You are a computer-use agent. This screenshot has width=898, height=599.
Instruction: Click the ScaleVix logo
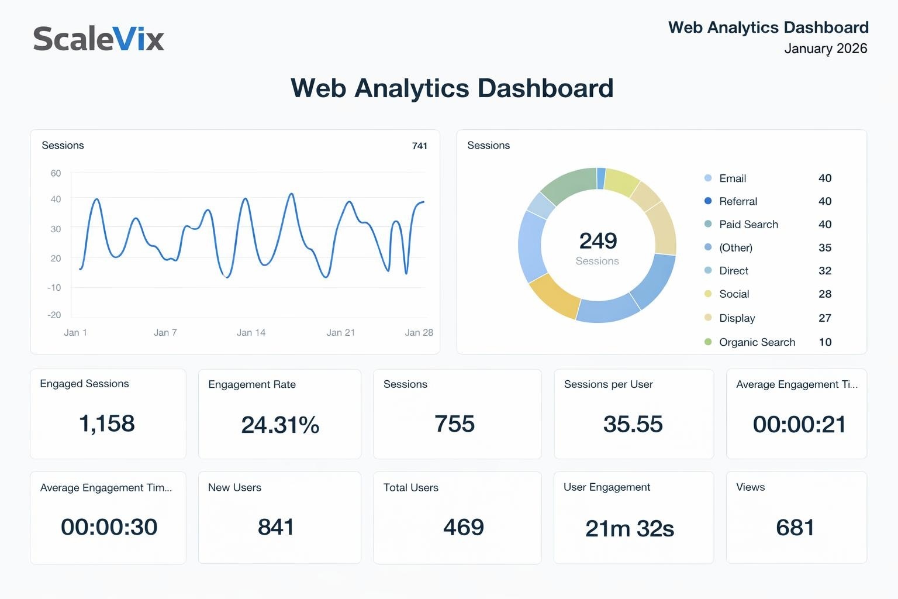tap(98, 39)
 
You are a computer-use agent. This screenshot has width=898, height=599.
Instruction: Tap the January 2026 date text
tap(825, 49)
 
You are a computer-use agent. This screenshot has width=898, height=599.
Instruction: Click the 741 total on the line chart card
tap(419, 146)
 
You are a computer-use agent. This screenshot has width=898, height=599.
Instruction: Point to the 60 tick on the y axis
tap(56, 173)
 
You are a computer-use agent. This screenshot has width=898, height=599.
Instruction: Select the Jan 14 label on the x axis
tap(251, 332)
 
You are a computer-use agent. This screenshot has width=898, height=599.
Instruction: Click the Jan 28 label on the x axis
tap(419, 332)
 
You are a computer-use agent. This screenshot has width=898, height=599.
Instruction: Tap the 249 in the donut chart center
tap(597, 240)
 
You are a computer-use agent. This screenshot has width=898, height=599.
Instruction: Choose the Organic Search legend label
tap(757, 342)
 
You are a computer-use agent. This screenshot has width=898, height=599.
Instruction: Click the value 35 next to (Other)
tap(824, 247)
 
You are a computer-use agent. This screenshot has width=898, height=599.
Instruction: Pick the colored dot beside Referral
tap(708, 201)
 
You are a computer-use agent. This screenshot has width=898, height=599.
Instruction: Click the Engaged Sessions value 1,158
tap(107, 424)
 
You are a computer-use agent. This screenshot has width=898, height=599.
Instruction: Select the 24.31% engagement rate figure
tap(280, 425)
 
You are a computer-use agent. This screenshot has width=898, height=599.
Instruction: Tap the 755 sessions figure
tap(454, 424)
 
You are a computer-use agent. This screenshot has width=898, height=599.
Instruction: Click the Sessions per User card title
tap(608, 384)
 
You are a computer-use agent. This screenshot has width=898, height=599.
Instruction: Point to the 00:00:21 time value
tap(799, 424)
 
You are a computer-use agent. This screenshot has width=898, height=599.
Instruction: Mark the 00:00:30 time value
tap(109, 527)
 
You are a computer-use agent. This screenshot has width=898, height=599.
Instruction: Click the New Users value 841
tap(275, 527)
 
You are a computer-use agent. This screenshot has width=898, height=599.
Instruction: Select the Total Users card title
tap(410, 487)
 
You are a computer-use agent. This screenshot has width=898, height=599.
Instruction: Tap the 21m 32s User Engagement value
tap(629, 529)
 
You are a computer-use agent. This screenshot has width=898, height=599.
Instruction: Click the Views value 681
tap(795, 528)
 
